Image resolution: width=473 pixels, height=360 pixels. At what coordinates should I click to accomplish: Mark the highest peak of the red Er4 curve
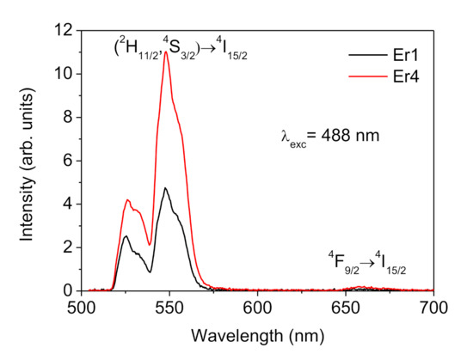pos(165,52)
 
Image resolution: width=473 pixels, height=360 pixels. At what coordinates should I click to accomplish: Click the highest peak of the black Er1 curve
pos(164,187)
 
